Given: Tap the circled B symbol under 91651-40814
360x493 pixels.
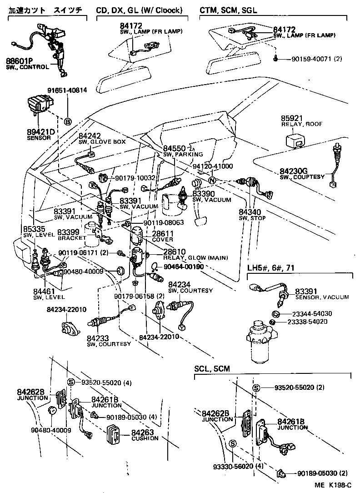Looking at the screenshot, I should tap(68, 121).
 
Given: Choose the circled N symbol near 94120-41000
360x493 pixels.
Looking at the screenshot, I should tap(211, 180).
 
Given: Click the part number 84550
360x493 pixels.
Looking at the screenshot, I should tap(174, 149).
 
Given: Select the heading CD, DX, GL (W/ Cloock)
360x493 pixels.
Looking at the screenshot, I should tap(139, 10).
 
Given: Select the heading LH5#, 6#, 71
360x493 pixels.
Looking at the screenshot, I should tap(270, 267).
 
